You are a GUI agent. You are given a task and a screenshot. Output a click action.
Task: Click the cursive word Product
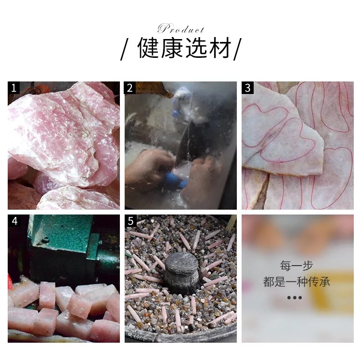[x=181, y=29]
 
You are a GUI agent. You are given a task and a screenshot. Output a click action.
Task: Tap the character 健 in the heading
[x=148, y=48]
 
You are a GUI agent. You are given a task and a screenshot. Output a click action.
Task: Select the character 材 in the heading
[x=219, y=48]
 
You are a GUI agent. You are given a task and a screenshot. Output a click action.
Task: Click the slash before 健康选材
[x=125, y=49]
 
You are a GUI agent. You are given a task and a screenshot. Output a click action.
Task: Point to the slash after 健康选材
[x=237, y=49]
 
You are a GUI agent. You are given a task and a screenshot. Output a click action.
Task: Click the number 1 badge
[x=13, y=88]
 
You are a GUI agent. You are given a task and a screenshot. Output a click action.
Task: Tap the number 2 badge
[x=130, y=88]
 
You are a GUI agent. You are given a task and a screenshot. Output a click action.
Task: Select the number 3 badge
[x=247, y=88]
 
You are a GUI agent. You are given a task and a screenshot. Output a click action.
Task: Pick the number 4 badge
[x=14, y=221]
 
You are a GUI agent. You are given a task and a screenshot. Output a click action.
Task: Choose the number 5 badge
[x=131, y=221]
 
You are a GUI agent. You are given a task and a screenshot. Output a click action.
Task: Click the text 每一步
[x=297, y=266]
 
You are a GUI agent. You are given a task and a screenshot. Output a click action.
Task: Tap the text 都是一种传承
[x=297, y=282]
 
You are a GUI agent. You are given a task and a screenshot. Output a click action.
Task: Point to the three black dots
[x=295, y=297]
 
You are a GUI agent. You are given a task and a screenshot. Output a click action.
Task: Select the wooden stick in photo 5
[x=231, y=223]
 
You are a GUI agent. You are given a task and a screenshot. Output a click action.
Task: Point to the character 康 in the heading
[x=172, y=48]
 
